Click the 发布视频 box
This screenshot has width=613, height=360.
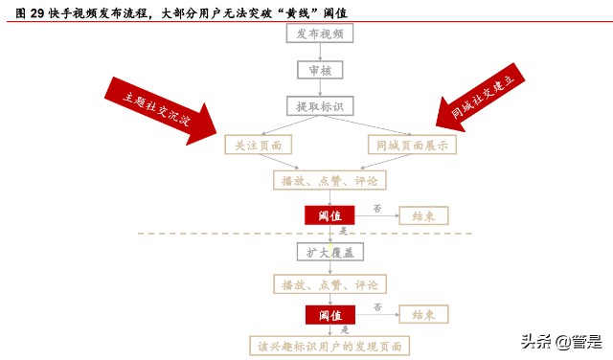click(x=320, y=34)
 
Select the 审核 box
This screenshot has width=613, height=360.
click(x=320, y=70)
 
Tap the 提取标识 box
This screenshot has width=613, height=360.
click(x=320, y=105)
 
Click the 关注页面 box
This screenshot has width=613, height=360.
click(x=252, y=145)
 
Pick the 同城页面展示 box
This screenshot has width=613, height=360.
click(x=412, y=145)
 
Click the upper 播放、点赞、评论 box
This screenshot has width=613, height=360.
click(x=329, y=180)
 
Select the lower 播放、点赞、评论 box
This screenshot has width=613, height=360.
click(x=329, y=284)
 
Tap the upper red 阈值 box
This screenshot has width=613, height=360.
click(x=329, y=215)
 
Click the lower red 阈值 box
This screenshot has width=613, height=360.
click(x=329, y=315)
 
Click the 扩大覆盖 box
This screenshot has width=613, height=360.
click(x=329, y=251)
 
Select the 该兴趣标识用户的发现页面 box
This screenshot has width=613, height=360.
click(x=329, y=346)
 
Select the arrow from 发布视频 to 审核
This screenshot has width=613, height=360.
click(x=320, y=52)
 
